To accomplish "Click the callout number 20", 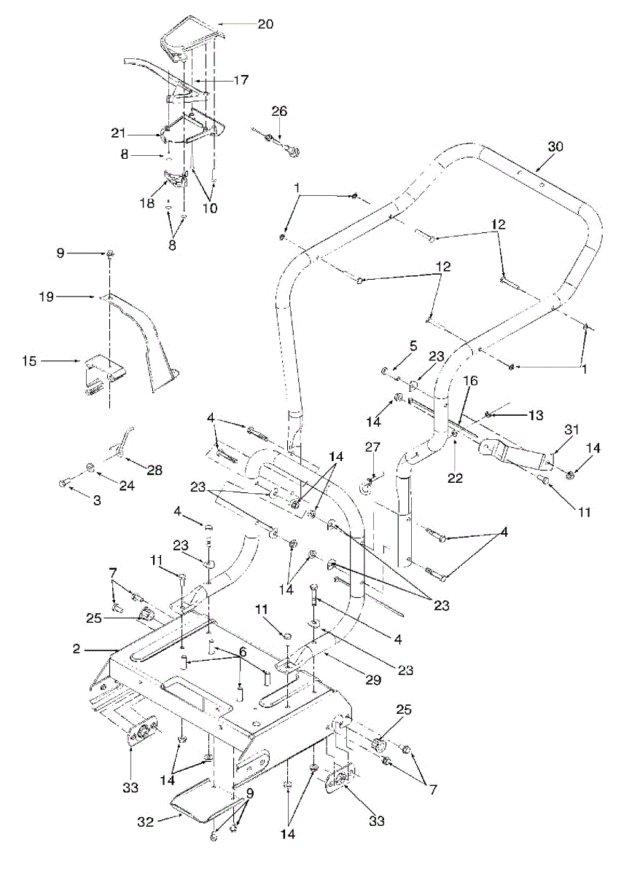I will point(265,24).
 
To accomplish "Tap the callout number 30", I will point(556,146).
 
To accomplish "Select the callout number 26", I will point(280,111).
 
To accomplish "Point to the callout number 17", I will point(241,80).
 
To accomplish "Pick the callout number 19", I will point(46,296).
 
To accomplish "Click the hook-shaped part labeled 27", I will point(368,482).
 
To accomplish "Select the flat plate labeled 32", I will point(200,800).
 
